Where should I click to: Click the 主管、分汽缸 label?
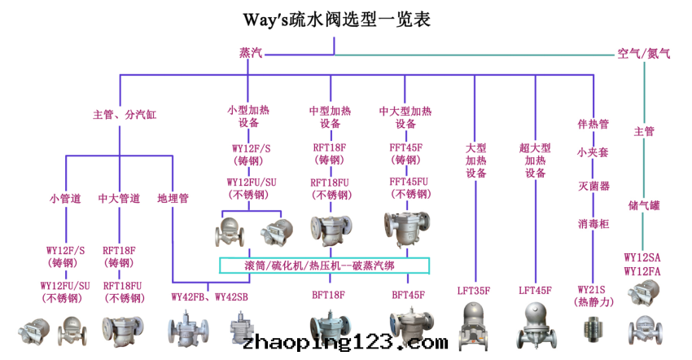[x=125, y=116]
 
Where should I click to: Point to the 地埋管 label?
[x=173, y=198]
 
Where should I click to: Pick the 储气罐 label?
[x=644, y=205]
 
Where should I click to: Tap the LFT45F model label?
[x=535, y=291]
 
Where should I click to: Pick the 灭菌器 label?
[x=593, y=187]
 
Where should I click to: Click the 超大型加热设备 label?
[x=535, y=160]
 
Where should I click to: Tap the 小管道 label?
[x=65, y=198]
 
